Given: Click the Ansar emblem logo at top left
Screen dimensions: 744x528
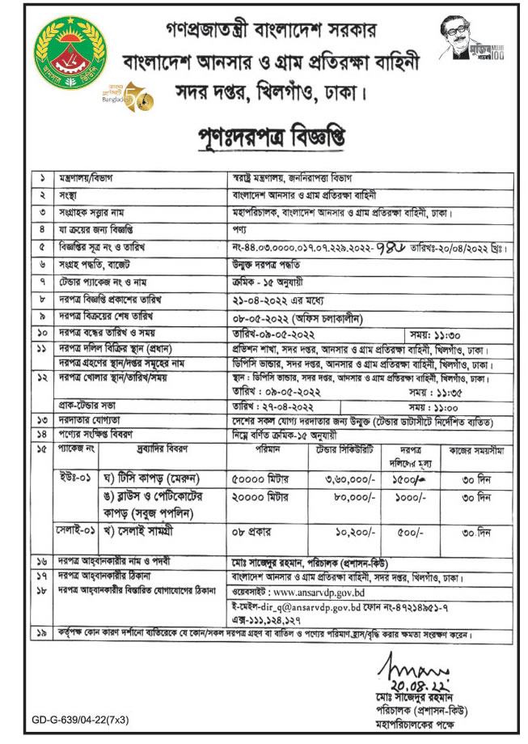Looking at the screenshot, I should (x=69, y=54).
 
